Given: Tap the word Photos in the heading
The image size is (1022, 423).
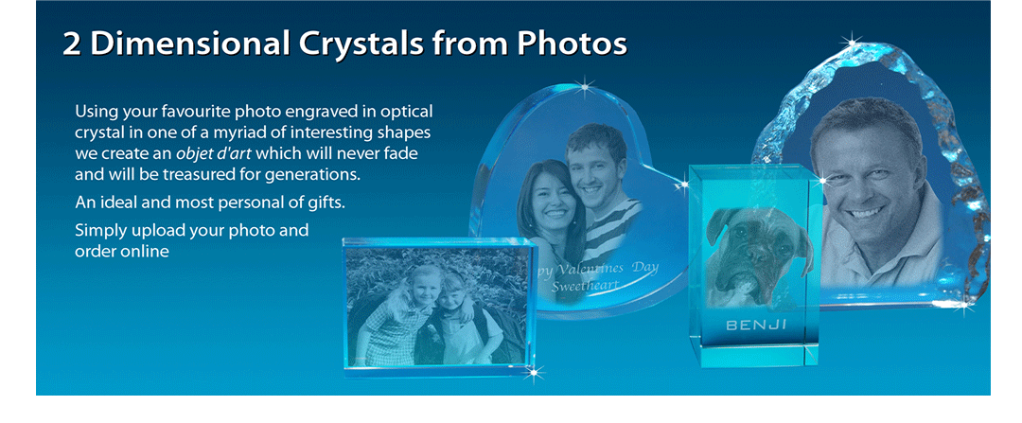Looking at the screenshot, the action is click(x=572, y=43).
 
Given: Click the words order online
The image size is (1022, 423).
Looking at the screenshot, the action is click(x=122, y=252).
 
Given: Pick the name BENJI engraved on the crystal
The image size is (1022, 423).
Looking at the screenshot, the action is click(x=756, y=325).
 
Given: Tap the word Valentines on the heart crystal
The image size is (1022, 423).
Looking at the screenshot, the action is click(x=587, y=267).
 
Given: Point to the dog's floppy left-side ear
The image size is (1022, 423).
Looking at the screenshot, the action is click(x=716, y=224).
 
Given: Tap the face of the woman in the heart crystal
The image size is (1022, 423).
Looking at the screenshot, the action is click(x=549, y=196).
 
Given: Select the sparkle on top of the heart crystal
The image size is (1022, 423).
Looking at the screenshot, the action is click(x=584, y=85).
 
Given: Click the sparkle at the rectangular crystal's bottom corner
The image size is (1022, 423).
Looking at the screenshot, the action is click(x=534, y=373).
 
